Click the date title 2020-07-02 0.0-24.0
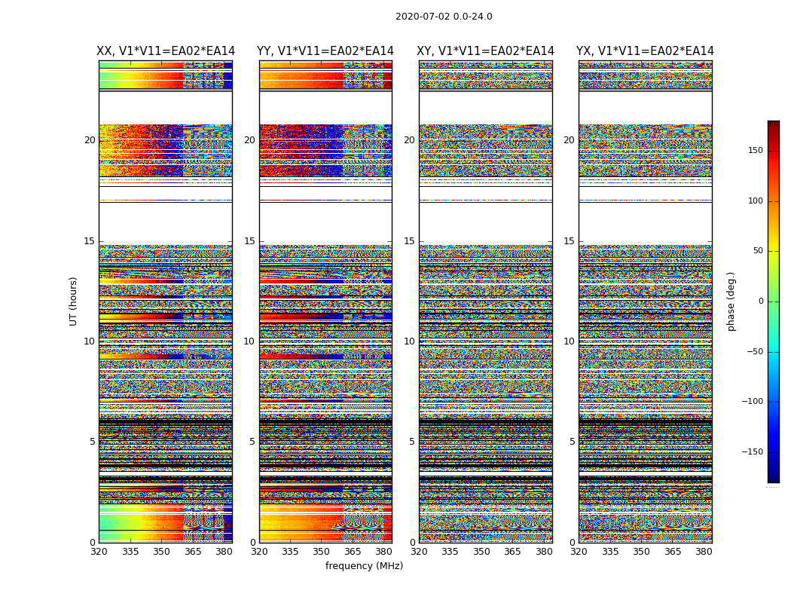click(x=444, y=17)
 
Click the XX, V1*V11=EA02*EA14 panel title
click(x=166, y=51)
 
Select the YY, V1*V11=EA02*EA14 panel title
click(x=325, y=51)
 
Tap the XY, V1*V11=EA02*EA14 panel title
click(x=486, y=51)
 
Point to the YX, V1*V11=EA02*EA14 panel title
click(x=645, y=51)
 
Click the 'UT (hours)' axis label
click(x=74, y=301)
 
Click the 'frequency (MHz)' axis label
click(x=364, y=566)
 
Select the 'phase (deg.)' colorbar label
click(x=731, y=301)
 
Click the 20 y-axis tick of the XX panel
click(x=90, y=140)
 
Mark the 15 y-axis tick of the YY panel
click(x=249, y=241)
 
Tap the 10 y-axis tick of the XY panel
click(x=409, y=341)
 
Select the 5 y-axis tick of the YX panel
click(x=572, y=442)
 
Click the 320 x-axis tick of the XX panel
click(x=99, y=552)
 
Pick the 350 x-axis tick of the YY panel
click(x=322, y=552)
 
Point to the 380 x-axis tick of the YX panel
click(x=704, y=552)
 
